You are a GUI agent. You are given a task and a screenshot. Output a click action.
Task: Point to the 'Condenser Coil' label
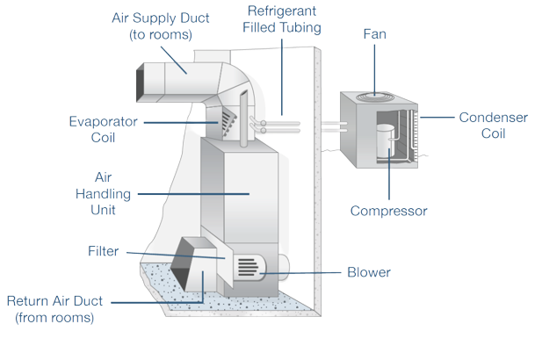pyautogui.click(x=493, y=125)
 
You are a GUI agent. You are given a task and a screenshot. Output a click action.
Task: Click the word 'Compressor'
pyautogui.click(x=388, y=211)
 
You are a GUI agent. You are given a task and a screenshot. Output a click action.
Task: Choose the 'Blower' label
pyautogui.click(x=369, y=271)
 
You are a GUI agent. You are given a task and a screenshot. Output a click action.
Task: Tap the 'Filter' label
pyautogui.click(x=102, y=252)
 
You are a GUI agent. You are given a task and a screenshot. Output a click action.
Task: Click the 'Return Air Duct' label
pyautogui.click(x=54, y=308)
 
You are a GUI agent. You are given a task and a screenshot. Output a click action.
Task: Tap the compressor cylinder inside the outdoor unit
pyautogui.click(x=386, y=140)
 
